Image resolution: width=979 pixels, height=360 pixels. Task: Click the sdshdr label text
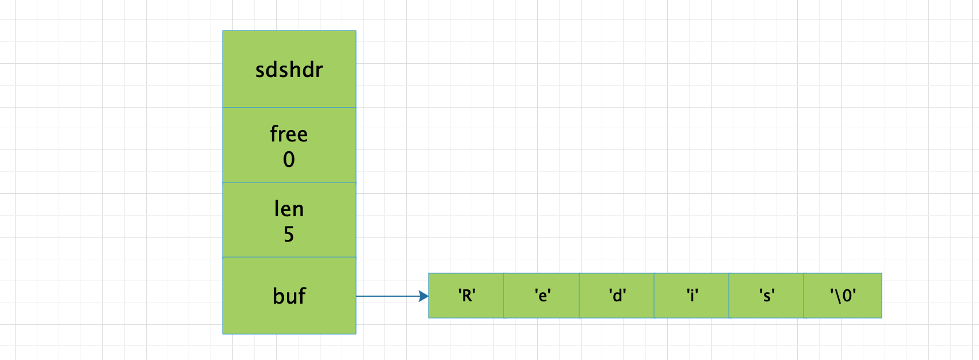[289, 70]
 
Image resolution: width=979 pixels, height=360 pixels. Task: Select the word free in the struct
[289, 134]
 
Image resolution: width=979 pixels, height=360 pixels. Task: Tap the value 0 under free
[289, 159]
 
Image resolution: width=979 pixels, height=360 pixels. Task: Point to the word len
[289, 209]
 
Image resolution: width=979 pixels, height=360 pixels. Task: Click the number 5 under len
[289, 234]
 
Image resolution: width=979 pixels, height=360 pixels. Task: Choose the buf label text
[289, 296]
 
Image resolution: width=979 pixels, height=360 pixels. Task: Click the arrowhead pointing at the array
[425, 296]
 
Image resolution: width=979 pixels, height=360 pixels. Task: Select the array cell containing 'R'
[466, 296]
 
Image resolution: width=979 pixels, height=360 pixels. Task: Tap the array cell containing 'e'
[542, 296]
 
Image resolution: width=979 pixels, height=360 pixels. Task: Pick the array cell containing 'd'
[617, 296]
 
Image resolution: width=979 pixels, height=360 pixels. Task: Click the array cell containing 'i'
[692, 296]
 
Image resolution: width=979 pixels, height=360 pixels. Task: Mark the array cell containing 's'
[766, 296]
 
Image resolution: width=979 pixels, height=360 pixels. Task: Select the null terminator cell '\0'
[843, 296]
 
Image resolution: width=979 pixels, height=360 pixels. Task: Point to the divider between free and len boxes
[289, 182]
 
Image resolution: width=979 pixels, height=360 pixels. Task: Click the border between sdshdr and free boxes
[289, 108]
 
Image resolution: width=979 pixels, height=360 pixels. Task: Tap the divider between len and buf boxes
[289, 257]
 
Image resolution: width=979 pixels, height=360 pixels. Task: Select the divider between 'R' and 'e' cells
[504, 296]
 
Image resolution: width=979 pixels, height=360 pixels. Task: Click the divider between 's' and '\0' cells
[804, 296]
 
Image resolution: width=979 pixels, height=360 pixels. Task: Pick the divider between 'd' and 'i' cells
[655, 296]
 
